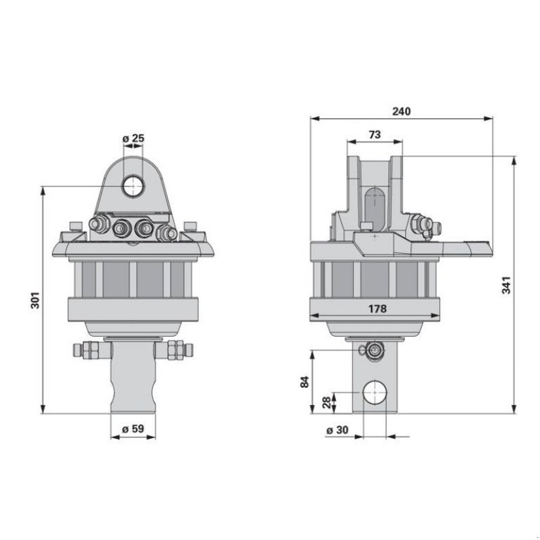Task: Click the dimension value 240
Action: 401,111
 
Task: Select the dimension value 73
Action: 375,134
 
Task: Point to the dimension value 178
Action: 377,308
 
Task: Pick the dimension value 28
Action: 327,403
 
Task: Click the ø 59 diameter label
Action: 132,427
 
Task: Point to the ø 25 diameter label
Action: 133,138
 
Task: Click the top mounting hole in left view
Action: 133,187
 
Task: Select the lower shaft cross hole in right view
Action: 374,393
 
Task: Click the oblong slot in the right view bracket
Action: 375,203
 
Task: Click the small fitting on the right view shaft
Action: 373,349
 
